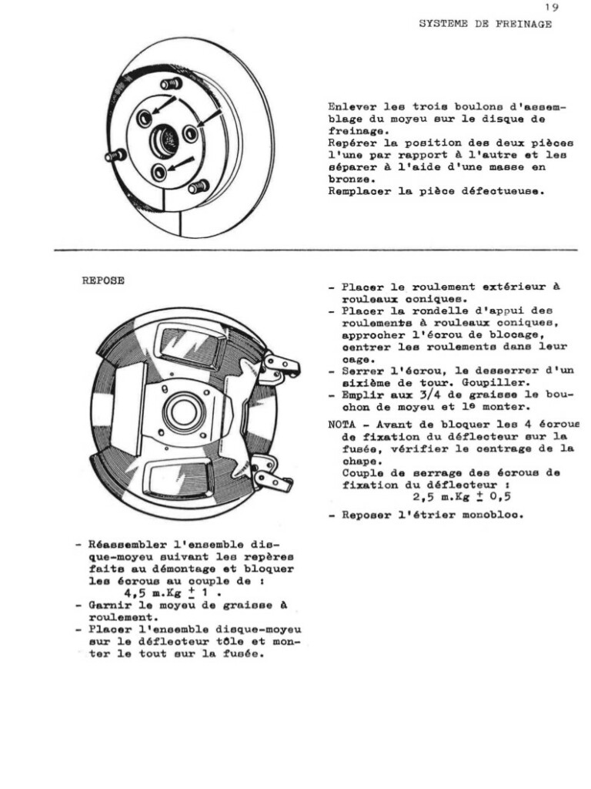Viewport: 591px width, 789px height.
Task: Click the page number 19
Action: click(551, 7)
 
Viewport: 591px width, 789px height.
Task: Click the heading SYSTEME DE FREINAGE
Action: click(485, 24)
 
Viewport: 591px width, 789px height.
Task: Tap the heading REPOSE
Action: click(103, 281)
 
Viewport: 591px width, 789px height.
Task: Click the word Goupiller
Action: click(492, 382)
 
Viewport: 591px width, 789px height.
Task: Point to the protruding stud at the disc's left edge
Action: click(115, 156)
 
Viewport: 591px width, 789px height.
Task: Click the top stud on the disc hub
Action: click(172, 83)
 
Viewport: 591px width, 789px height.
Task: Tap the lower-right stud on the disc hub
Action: click(198, 186)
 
